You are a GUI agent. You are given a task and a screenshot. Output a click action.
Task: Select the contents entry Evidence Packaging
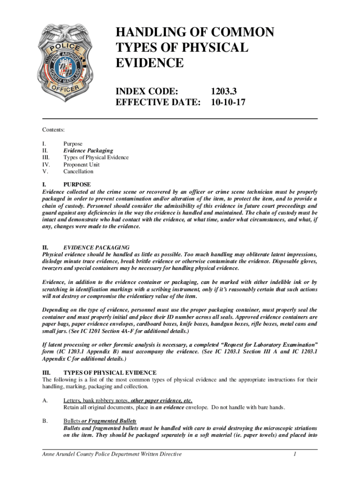[88, 151]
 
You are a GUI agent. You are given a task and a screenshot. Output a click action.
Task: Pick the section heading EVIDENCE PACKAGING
[96, 247]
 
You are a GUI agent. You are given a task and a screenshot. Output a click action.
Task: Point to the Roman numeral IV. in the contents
[46, 165]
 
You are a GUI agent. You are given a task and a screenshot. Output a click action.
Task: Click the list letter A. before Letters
[45, 401]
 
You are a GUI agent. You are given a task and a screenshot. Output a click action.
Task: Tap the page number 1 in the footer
[295, 454]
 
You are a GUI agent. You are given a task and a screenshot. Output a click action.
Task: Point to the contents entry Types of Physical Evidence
[96, 158]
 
